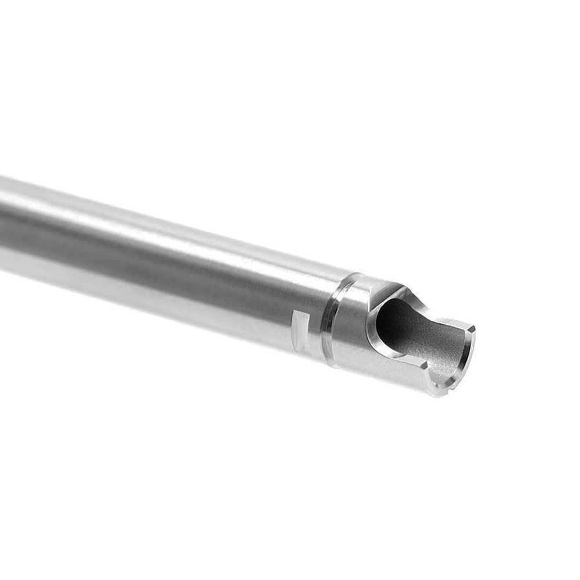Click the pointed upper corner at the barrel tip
(x=473, y=328)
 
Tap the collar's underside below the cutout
(x=377, y=374)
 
